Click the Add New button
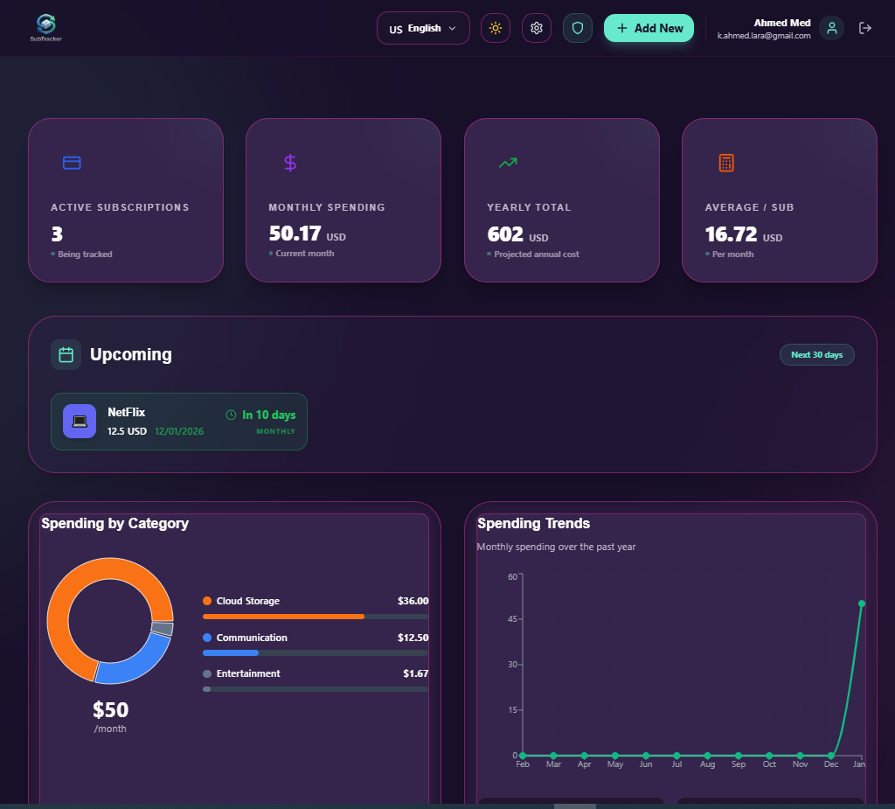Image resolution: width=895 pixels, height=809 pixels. tap(649, 28)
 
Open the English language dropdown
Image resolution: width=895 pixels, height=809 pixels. tap(423, 28)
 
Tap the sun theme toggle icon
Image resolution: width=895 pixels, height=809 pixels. tap(496, 28)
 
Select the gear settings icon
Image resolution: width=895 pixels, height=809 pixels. tap(537, 28)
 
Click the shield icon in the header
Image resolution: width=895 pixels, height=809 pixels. tap(577, 28)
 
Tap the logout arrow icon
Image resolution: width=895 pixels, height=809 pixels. tap(865, 28)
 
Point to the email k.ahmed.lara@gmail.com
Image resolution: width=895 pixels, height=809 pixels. tap(764, 36)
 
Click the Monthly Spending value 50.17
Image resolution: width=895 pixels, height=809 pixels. tap(295, 234)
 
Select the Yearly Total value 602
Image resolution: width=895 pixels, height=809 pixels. tap(505, 234)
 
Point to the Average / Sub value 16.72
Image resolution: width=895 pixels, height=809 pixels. tap(731, 234)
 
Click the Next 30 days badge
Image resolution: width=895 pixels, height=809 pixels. tap(816, 355)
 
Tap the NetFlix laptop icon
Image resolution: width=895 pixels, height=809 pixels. tap(80, 421)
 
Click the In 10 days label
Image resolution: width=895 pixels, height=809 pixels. tap(268, 415)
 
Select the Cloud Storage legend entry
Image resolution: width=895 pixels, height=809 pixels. tap(247, 601)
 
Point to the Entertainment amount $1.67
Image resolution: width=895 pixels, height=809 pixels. tap(415, 673)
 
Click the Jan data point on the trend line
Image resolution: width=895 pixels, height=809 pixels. tap(862, 603)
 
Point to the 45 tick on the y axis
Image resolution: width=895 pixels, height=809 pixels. tap(512, 619)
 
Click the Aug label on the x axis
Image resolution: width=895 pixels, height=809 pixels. tap(707, 764)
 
